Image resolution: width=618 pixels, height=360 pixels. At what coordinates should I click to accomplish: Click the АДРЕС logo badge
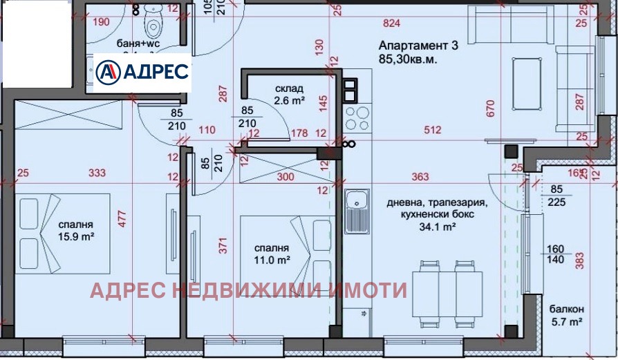pos(142,71)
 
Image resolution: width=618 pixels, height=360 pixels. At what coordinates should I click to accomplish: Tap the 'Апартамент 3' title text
pos(418,46)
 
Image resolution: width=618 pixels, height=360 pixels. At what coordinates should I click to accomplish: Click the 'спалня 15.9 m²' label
pos(76,231)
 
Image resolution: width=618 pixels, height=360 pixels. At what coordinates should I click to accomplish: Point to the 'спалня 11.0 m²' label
pos(270,255)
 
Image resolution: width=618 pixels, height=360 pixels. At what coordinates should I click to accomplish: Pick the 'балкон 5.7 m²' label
pos(567,315)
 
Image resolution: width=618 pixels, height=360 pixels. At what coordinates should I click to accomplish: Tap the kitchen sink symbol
pos(358,211)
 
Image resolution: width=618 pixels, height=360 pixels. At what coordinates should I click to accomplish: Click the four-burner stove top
pos(358,118)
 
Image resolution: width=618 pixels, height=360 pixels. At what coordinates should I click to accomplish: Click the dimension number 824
pos(391,23)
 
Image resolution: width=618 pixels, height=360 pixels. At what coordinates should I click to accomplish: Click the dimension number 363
pos(420,176)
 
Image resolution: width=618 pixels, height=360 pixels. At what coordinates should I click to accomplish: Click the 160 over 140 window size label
pos(554,254)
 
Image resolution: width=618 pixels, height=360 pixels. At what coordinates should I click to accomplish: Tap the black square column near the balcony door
pos(512,152)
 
